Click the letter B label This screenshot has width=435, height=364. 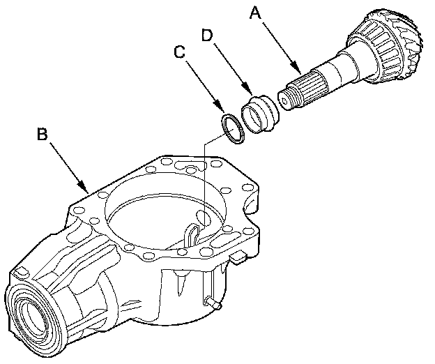(x=42, y=134)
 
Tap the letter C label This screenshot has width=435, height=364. (x=181, y=52)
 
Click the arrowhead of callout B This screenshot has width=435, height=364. (x=86, y=191)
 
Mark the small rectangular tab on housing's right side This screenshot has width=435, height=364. (x=239, y=259)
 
